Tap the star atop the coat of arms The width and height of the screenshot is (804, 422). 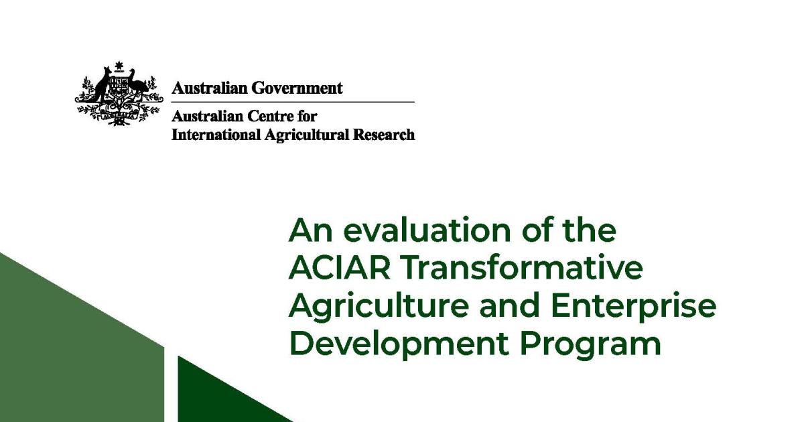click(120, 66)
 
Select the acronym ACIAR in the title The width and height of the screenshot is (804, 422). click(340, 269)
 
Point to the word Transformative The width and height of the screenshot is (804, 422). click(522, 269)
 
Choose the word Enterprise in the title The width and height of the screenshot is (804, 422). click(634, 307)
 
